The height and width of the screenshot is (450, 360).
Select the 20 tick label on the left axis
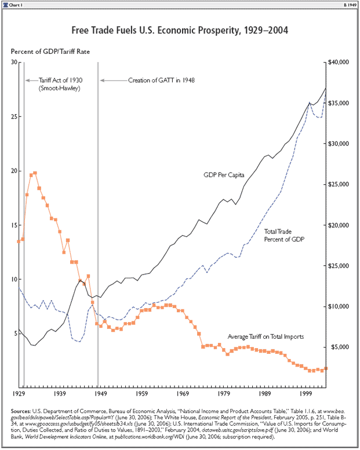pyautogui.click(x=14, y=171)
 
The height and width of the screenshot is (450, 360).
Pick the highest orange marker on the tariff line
pyautogui.click(x=35, y=173)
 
